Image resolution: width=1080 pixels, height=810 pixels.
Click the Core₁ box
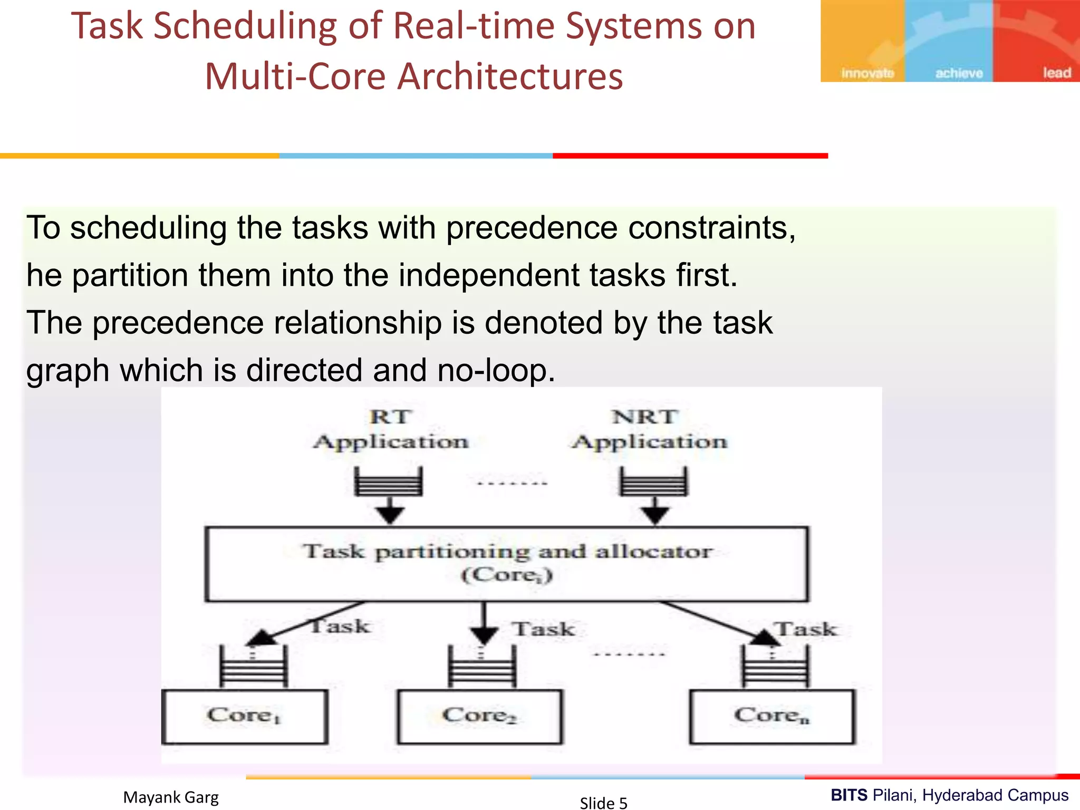click(x=244, y=717)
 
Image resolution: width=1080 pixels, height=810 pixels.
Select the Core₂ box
click(x=479, y=717)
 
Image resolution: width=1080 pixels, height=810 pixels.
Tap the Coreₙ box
click(x=772, y=717)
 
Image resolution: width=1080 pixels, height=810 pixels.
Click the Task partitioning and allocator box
click(x=506, y=564)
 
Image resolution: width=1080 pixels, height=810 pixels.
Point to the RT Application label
click(x=390, y=429)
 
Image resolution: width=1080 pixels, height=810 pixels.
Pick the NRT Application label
click(x=649, y=429)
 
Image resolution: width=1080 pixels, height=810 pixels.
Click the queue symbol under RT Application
click(x=389, y=481)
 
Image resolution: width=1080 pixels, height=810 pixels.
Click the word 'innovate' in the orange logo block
click(x=867, y=73)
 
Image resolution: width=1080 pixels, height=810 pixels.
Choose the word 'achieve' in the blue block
click(x=959, y=73)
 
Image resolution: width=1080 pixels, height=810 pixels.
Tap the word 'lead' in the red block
click(x=1057, y=73)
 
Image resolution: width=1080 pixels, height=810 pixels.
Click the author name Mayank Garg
click(x=171, y=797)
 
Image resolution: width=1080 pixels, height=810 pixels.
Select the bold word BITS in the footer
click(x=849, y=795)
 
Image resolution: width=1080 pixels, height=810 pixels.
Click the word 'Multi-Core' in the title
click(x=295, y=76)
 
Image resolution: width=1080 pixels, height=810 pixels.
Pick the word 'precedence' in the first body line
click(x=532, y=228)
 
